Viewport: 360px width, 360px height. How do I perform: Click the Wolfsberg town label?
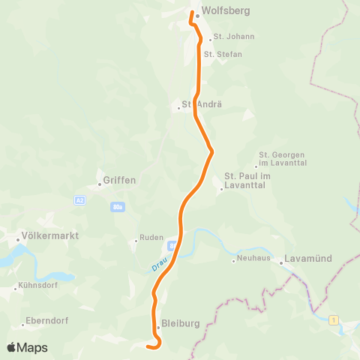(x=226, y=11)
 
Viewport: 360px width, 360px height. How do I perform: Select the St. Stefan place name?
(x=223, y=54)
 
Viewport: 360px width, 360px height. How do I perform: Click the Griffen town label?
(x=120, y=180)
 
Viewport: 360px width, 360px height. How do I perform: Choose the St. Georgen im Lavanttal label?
(x=283, y=158)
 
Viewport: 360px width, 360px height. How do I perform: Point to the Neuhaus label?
(x=253, y=259)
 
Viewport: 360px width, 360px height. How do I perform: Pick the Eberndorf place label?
(x=47, y=320)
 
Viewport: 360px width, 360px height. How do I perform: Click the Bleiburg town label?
(x=181, y=324)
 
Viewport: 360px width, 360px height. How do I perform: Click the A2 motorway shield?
(x=79, y=200)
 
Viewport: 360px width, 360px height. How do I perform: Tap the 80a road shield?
(x=117, y=206)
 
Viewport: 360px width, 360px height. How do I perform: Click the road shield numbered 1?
(x=333, y=320)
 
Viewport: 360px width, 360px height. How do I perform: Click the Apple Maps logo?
(x=27, y=347)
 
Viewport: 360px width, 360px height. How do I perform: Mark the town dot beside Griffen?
(x=99, y=184)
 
